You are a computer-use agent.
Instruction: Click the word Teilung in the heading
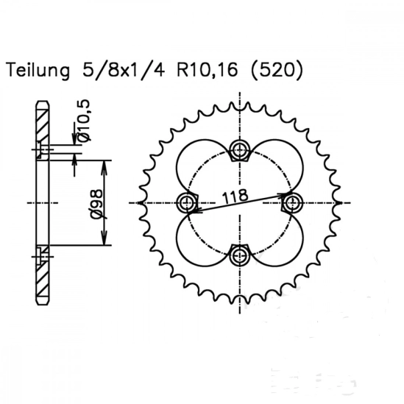click(38, 70)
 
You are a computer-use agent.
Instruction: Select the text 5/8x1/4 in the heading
click(124, 69)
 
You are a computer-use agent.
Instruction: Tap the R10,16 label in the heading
click(207, 70)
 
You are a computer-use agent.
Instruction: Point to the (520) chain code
click(277, 70)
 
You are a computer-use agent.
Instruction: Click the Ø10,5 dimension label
click(84, 121)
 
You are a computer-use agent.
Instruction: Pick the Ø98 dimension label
click(97, 205)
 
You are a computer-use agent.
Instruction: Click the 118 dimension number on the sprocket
click(235, 196)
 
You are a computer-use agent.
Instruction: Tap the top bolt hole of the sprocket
click(240, 149)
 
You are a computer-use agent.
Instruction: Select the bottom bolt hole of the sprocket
click(240, 255)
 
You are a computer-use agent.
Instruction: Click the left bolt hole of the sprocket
click(186, 203)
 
